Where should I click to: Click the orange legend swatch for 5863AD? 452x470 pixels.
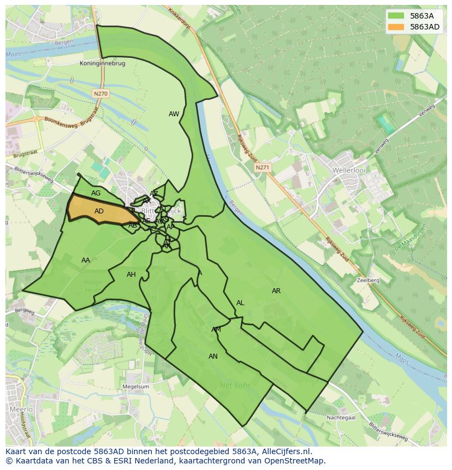[x=396, y=27]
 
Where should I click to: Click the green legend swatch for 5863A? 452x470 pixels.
[x=396, y=16]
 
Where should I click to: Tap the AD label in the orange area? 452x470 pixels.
[x=99, y=211]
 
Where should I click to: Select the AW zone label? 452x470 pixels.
[x=174, y=114]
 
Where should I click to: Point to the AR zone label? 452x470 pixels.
[x=276, y=291]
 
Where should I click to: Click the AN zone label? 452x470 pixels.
[x=213, y=356]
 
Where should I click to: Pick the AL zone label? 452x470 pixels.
[x=240, y=303]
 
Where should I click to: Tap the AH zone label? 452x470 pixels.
[x=131, y=275]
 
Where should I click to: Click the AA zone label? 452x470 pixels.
[x=86, y=260]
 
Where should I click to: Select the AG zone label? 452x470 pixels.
[x=96, y=193]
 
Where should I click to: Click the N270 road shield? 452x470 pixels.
[x=100, y=94]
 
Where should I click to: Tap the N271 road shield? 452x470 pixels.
[x=262, y=168]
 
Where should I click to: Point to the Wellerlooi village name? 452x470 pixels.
[x=348, y=170]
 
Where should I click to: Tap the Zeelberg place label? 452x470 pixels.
[x=367, y=280]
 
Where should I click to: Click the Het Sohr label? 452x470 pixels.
[x=235, y=385]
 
